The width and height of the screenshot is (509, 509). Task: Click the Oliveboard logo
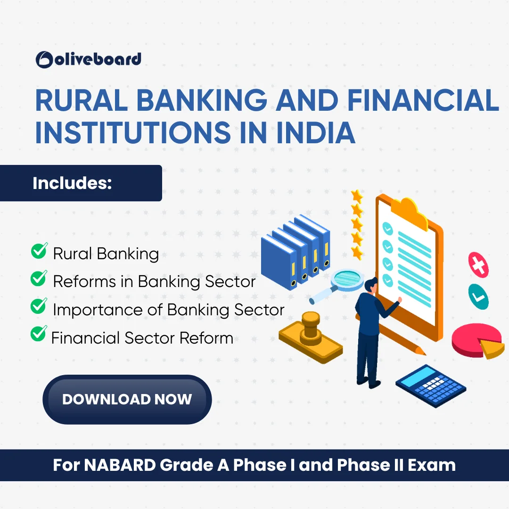tap(88, 59)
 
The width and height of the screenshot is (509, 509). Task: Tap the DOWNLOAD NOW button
tap(127, 399)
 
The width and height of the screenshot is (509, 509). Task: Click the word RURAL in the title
tap(82, 100)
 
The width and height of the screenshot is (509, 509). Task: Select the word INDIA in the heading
tap(315, 132)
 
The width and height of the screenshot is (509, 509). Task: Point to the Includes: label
tap(72, 183)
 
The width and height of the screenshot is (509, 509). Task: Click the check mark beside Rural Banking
tap(39, 251)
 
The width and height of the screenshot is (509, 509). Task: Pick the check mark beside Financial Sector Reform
tap(39, 333)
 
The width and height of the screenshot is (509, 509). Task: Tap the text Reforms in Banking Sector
tap(154, 281)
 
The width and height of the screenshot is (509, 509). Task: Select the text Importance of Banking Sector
tap(168, 310)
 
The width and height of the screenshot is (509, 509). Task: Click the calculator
tap(431, 386)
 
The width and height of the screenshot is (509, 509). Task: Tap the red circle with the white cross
tap(478, 265)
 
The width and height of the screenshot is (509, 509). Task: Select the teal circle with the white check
tap(478, 296)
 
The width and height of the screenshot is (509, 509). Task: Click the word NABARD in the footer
tap(120, 465)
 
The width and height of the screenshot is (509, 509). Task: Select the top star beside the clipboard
tap(357, 196)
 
